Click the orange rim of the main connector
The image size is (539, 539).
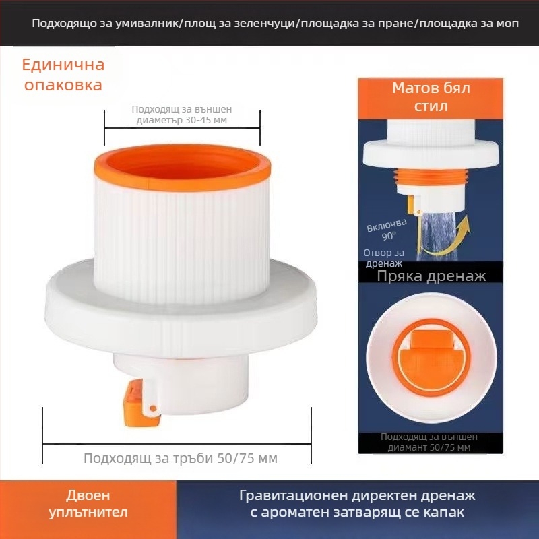coord(182,177)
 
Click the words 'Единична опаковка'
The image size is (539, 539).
coord(63,75)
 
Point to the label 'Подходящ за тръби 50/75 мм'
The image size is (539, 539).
coord(181,458)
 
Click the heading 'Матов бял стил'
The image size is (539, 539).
coord(431,97)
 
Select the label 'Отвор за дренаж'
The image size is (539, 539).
coord(383,258)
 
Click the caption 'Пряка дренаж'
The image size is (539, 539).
coord(431,276)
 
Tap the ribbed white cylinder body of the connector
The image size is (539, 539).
coord(182,229)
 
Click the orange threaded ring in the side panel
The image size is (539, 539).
coord(431,180)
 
